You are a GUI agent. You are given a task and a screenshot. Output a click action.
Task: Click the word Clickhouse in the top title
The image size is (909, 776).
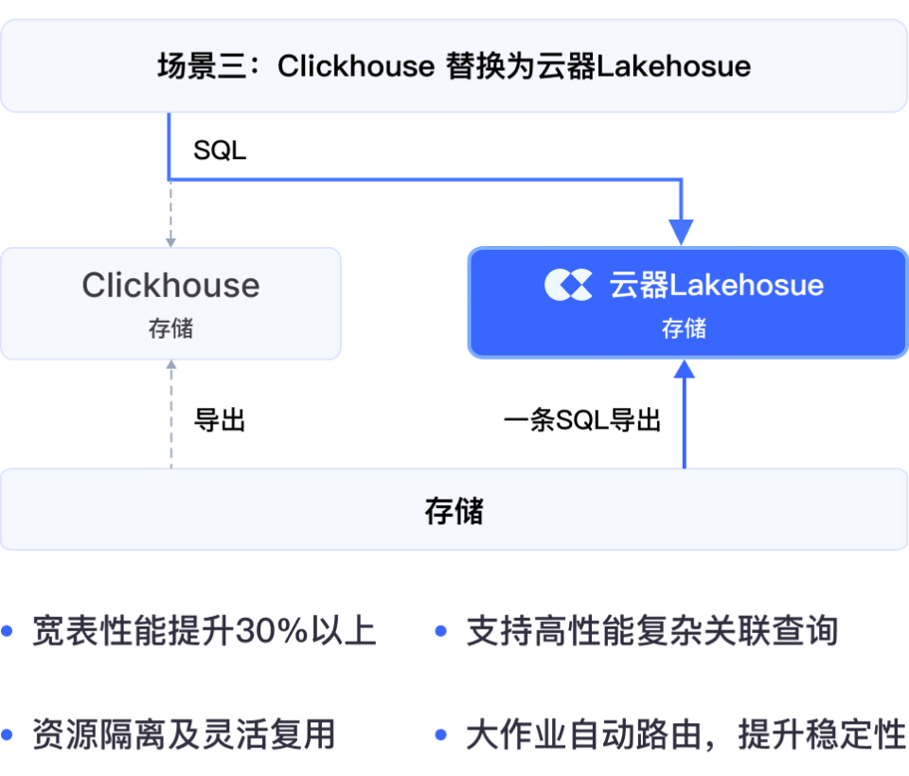(356, 66)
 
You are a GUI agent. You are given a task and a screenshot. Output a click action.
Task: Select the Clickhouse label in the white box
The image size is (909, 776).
(170, 285)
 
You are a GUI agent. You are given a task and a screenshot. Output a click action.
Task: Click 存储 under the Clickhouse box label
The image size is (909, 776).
(170, 328)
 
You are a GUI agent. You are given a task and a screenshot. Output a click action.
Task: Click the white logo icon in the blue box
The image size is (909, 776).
(568, 285)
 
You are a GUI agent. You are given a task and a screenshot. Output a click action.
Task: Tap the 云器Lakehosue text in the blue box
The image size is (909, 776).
(717, 285)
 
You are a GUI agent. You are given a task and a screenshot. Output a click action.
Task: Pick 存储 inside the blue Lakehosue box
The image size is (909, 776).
(684, 328)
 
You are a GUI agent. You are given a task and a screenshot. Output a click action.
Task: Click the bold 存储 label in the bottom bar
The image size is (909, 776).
(454, 511)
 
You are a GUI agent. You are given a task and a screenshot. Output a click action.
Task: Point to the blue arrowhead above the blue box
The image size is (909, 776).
(681, 232)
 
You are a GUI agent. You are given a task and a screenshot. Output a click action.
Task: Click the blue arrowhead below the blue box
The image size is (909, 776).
(684, 368)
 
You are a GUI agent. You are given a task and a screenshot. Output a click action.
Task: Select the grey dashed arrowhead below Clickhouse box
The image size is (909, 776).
(170, 365)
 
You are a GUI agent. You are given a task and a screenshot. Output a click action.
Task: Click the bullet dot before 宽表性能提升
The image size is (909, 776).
(9, 631)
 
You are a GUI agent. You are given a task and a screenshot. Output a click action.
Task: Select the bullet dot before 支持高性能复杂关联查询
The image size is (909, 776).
(440, 631)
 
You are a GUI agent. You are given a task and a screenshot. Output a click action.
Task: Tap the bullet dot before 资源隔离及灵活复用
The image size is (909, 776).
(9, 734)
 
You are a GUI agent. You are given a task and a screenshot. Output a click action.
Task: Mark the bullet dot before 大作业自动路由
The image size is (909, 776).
(440, 734)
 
